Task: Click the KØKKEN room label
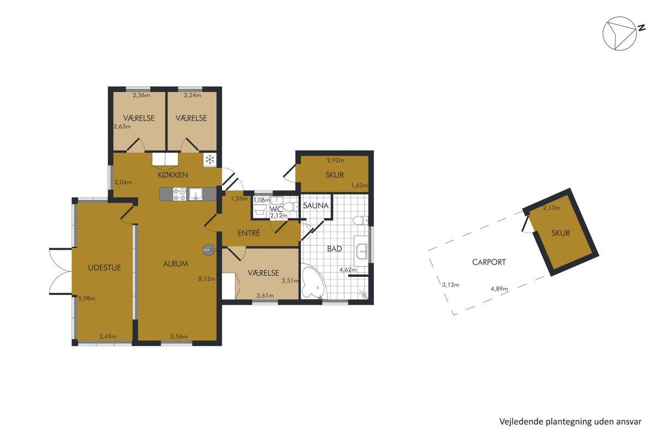172,175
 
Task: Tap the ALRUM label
175,264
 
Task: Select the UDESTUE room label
104,268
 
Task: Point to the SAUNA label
316,205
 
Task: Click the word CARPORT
489,262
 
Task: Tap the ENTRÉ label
248,233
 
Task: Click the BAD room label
334,249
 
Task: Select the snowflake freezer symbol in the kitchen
210,160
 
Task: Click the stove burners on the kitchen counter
180,194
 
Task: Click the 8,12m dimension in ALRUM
206,279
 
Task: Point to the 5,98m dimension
87,299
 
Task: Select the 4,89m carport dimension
499,289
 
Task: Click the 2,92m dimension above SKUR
335,160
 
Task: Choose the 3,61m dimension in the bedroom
265,296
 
